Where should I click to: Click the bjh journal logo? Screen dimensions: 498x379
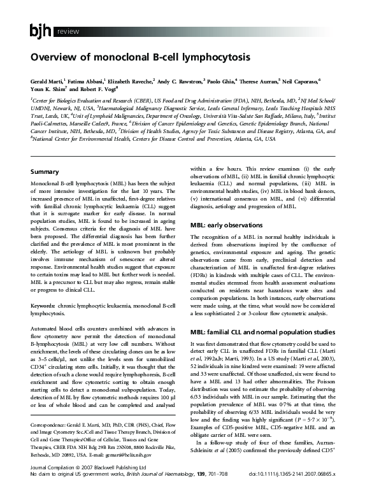pyautogui.click(x=41, y=31)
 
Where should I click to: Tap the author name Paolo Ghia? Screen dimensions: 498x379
pyautogui.click(x=222, y=82)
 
